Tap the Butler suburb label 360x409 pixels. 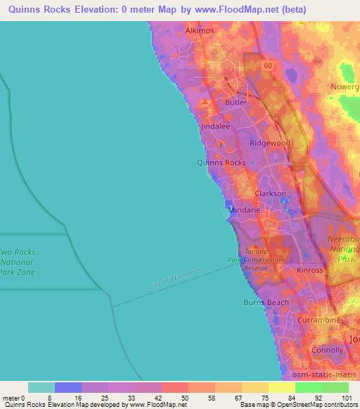236,103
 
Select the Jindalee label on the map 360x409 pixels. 215,127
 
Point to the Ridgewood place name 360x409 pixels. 269,143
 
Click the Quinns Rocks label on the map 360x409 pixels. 221,162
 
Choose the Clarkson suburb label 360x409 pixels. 270,193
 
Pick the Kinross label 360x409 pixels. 310,270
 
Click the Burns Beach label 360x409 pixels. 266,303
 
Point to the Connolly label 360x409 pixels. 327,350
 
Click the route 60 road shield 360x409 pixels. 268,65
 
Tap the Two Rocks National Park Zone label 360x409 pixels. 17,262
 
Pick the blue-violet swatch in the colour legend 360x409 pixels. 67,387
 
